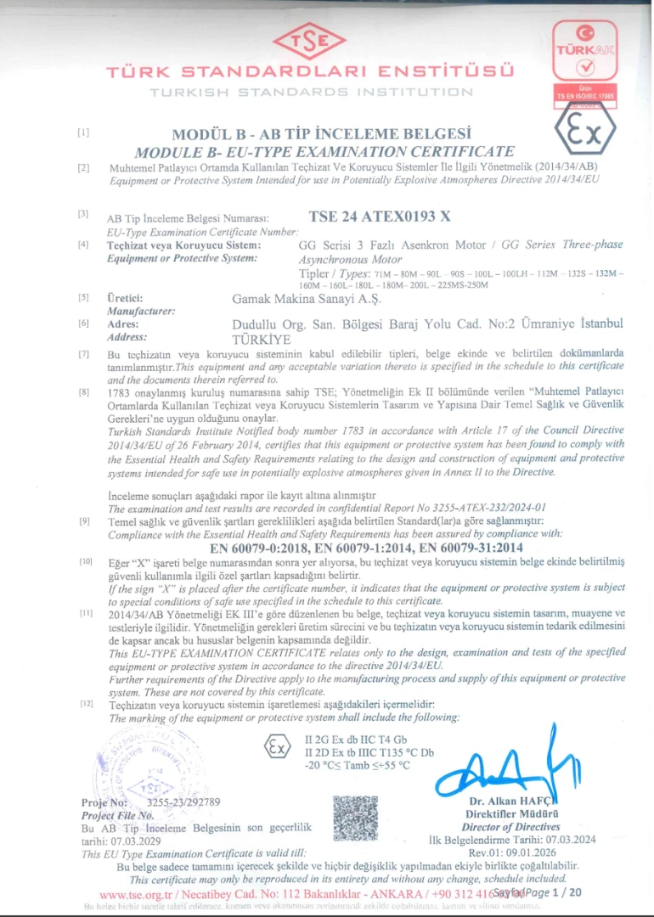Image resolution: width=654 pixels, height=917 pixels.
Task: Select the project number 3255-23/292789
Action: point(183,802)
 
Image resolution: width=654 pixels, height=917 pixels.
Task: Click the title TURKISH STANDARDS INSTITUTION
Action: point(312,92)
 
